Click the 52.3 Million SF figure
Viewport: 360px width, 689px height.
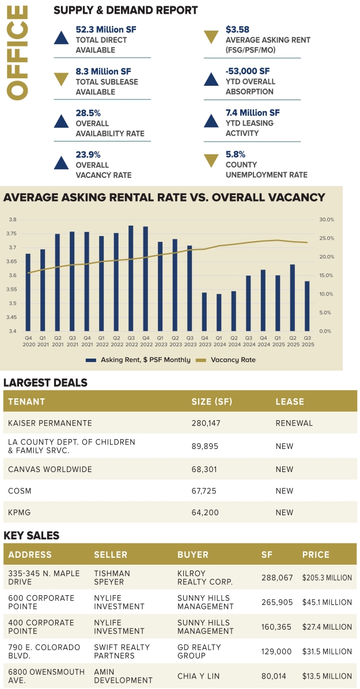coord(106,29)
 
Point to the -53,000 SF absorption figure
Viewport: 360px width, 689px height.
coord(248,71)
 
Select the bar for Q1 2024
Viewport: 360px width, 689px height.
coord(219,313)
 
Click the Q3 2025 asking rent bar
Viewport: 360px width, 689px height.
coord(306,306)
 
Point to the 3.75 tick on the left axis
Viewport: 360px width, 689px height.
coord(13,234)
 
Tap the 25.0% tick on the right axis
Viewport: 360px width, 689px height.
coord(327,238)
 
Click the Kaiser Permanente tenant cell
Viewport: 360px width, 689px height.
coord(50,423)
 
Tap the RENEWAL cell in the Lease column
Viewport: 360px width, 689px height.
coord(294,423)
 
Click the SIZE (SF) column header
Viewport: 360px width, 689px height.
coord(212,401)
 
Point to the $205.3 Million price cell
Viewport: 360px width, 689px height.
coord(327,577)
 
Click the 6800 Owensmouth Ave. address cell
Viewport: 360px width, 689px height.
coord(47,676)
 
